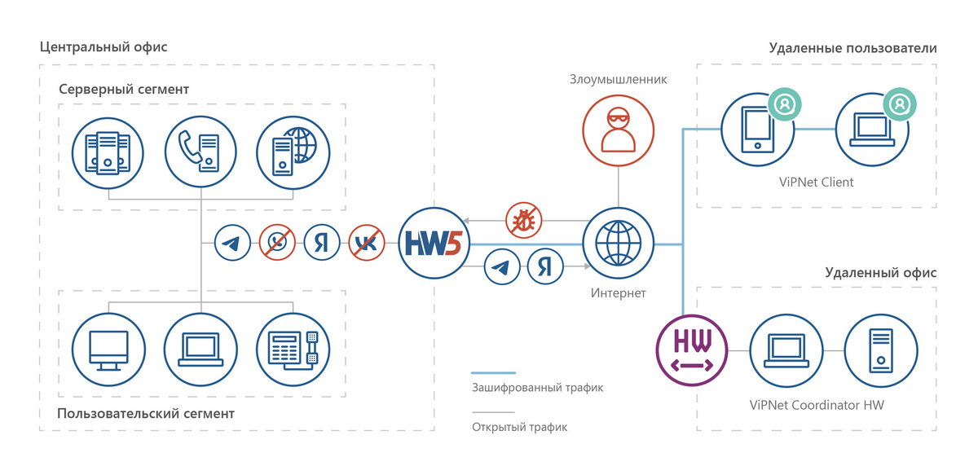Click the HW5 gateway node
click(x=434, y=243)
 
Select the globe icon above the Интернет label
click(x=619, y=243)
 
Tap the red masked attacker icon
click(x=619, y=130)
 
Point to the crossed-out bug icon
click(x=524, y=220)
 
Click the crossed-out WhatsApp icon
click(x=277, y=243)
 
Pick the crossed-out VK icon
click(x=367, y=243)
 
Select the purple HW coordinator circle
click(x=692, y=350)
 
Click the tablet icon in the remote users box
click(x=757, y=130)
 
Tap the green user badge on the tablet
click(x=785, y=104)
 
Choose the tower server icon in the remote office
click(x=881, y=350)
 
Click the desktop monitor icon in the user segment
click(x=108, y=349)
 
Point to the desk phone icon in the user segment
click(x=293, y=349)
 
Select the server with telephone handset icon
click(x=200, y=152)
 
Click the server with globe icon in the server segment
click(x=293, y=152)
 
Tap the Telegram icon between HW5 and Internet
click(x=502, y=266)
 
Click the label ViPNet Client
click(x=816, y=182)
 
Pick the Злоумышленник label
click(x=619, y=79)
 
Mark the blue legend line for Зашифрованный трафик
click(x=493, y=373)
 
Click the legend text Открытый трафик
click(x=520, y=427)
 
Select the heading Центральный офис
click(x=104, y=47)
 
